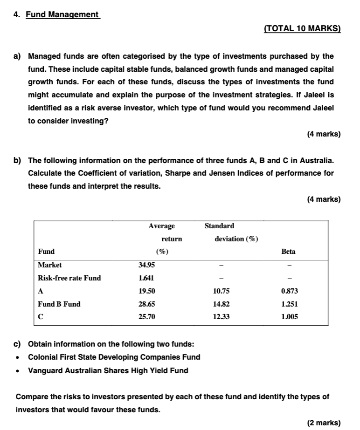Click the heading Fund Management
[62, 14]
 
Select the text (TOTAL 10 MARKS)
[302, 28]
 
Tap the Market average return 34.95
[147, 265]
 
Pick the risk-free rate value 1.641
[146, 278]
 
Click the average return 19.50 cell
[147, 291]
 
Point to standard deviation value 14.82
[221, 304]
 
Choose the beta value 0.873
[290, 291]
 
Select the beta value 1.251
[290, 304]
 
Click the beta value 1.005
[290, 317]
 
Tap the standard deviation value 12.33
[221, 317]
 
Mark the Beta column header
[289, 252]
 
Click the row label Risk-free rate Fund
[69, 278]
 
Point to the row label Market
[49, 265]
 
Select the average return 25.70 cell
[147, 317]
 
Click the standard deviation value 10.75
[221, 291]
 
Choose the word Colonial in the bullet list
[43, 357]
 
